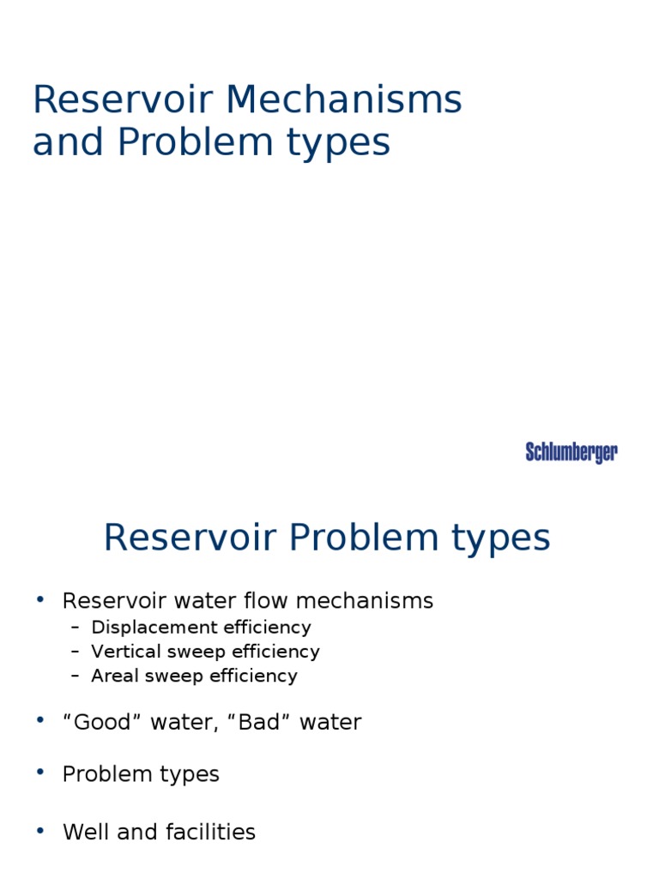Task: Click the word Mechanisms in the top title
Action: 343,100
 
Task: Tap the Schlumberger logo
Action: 571,453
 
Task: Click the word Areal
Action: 113,676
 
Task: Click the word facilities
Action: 215,832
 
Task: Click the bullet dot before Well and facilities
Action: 39,830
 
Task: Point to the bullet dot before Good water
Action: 39,720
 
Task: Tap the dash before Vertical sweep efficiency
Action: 76,652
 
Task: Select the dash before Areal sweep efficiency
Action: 76,676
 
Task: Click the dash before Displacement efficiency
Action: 76,628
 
